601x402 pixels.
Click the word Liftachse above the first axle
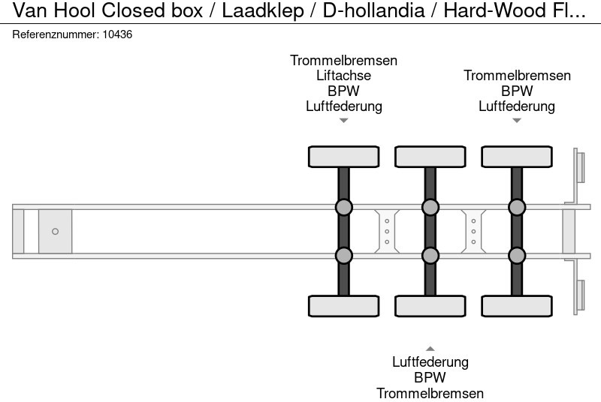[x=344, y=76]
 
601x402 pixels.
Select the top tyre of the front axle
[x=343, y=157]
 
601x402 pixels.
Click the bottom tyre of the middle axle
[x=430, y=306]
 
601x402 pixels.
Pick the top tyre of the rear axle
[x=517, y=157]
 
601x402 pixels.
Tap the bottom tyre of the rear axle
[x=517, y=306]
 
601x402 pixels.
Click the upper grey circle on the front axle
[x=343, y=207]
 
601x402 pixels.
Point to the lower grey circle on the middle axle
[x=430, y=256]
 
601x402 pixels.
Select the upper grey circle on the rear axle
[x=517, y=207]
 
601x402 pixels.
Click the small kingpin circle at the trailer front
[x=55, y=232]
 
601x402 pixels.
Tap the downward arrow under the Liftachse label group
[x=343, y=121]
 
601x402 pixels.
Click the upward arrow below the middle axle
[x=430, y=348]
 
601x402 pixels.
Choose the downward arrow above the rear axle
[x=517, y=121]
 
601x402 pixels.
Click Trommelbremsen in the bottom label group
[x=430, y=393]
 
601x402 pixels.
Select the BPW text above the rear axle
[x=517, y=91]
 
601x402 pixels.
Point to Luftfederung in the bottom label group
[x=430, y=362]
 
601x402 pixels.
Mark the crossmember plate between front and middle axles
[x=386, y=231]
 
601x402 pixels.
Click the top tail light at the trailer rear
[x=580, y=166]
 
